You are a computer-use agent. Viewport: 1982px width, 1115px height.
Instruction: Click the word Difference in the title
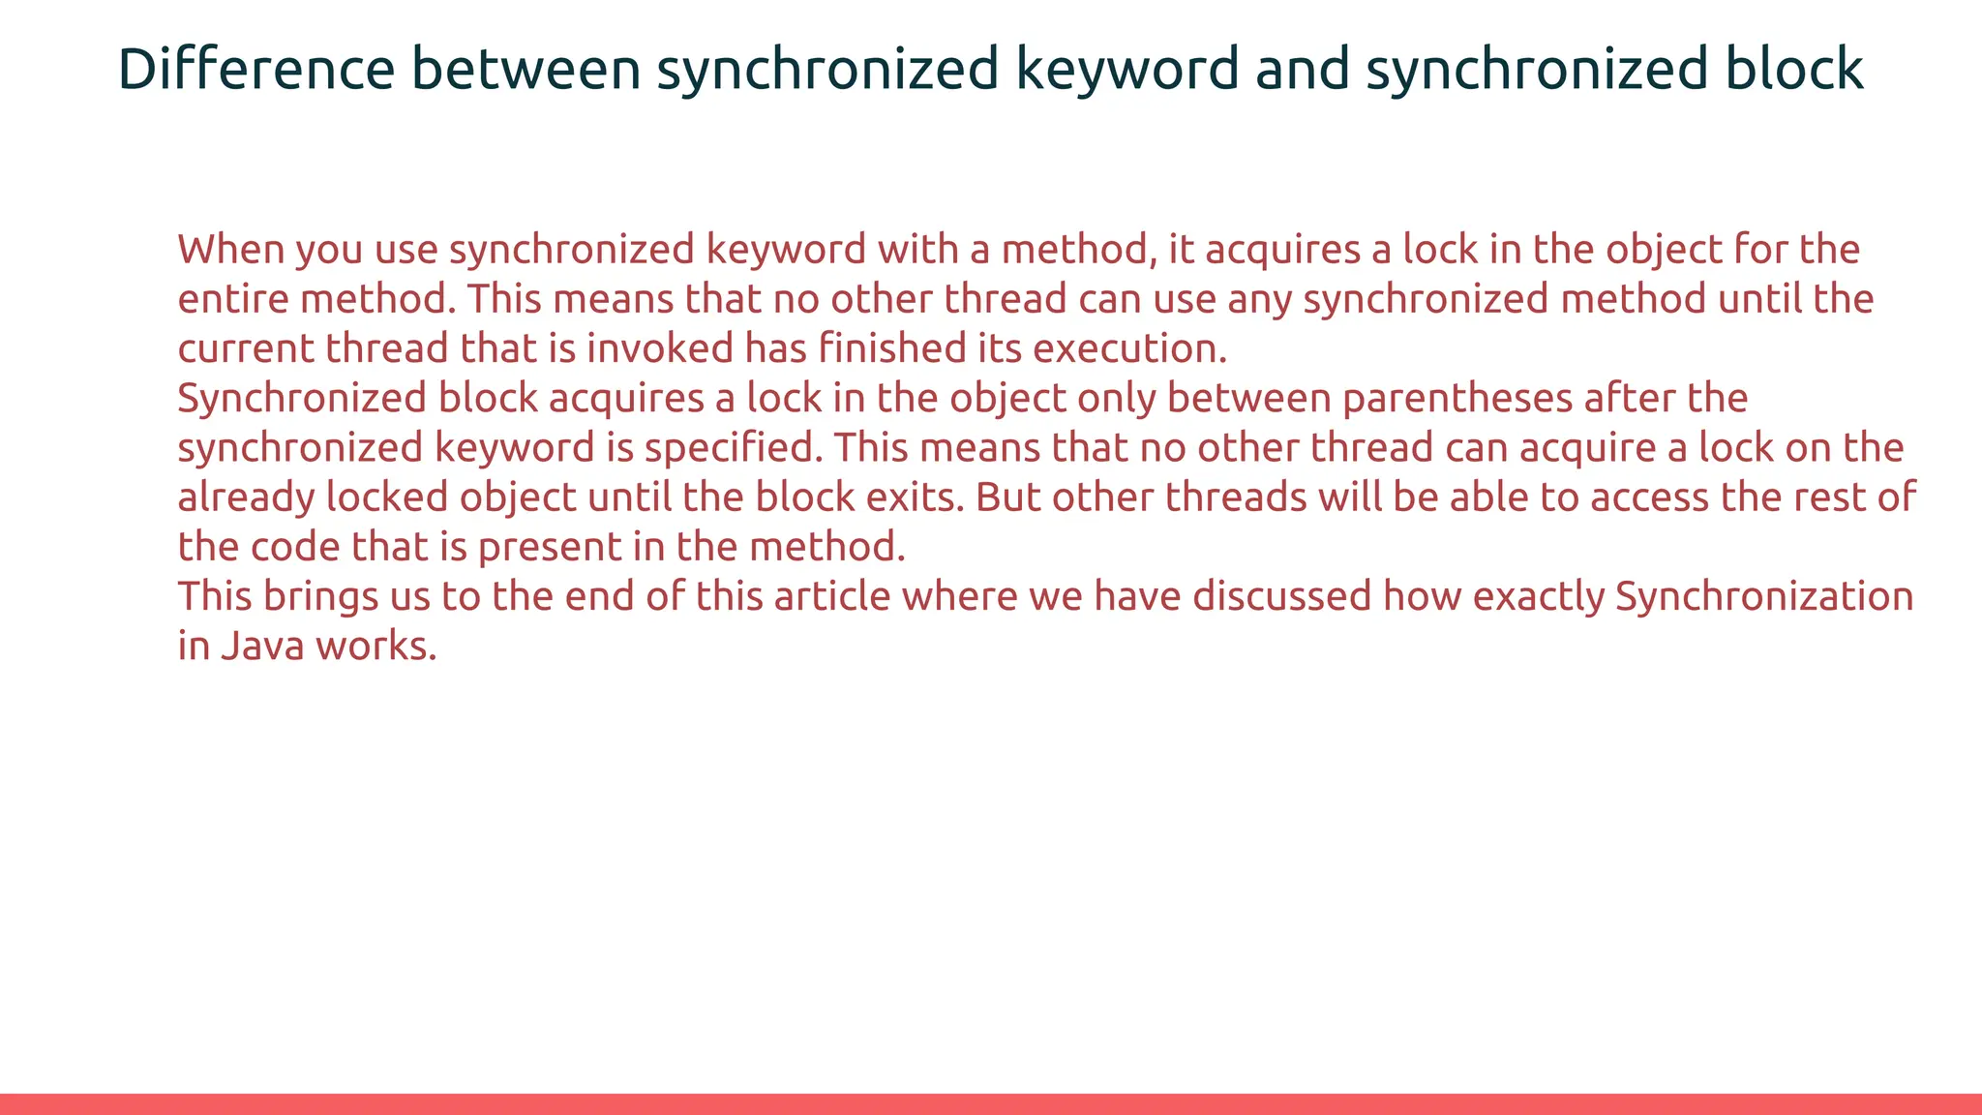(256, 70)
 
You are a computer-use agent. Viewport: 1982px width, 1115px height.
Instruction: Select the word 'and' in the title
(1302, 70)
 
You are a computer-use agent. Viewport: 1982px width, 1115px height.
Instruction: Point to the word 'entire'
(232, 299)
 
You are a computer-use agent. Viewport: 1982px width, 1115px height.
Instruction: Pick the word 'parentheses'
(1457, 398)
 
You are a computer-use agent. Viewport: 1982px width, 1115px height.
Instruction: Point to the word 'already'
(246, 497)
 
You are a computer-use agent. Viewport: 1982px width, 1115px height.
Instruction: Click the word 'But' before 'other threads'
(1007, 497)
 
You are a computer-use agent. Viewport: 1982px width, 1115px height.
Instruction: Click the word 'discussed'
(1281, 596)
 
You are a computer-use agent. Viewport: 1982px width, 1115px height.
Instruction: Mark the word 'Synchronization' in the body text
(1764, 596)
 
